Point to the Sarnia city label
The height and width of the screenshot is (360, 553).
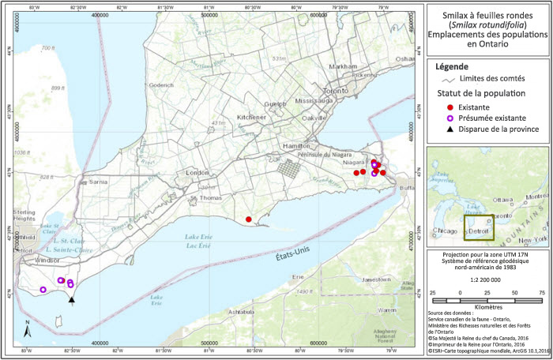coord(98,181)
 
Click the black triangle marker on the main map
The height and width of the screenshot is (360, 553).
coord(72,299)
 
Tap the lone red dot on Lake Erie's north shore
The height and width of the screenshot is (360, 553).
coord(248,219)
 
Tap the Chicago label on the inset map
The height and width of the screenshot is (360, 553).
coord(447,231)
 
